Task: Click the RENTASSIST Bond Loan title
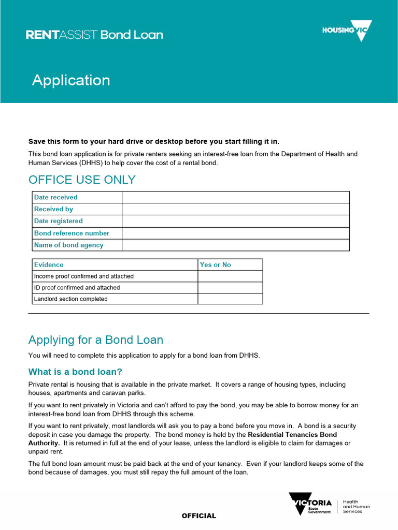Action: (x=94, y=35)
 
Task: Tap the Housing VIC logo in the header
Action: (x=347, y=31)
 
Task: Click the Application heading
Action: (x=71, y=80)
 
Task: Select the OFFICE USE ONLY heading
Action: (x=82, y=180)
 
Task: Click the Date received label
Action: (x=56, y=197)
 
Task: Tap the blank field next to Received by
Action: (x=235, y=209)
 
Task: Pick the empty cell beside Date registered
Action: (x=235, y=221)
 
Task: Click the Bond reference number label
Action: (x=72, y=233)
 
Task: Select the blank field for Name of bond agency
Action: (x=235, y=245)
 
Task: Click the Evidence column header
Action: (x=49, y=264)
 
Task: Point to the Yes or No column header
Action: (x=216, y=264)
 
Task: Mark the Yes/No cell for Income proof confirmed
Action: (x=230, y=276)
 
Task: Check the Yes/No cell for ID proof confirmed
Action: (x=230, y=288)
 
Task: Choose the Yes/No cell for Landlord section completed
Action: (x=230, y=299)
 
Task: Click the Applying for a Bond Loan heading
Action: (x=96, y=340)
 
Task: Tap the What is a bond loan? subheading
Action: (x=75, y=372)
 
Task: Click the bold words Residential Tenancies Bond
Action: (x=292, y=435)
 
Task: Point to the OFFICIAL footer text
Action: (x=198, y=516)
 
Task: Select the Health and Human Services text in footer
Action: (x=357, y=507)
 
